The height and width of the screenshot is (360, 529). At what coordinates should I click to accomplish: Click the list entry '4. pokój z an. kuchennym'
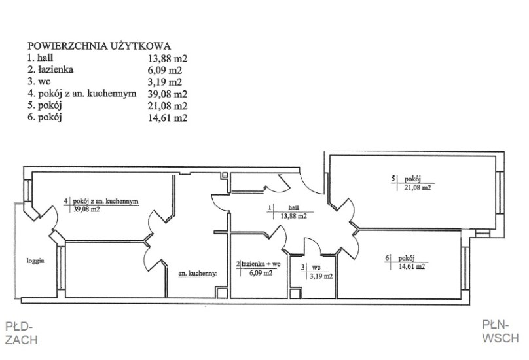pyautogui.click(x=81, y=94)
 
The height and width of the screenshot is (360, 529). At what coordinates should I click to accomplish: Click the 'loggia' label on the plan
pyautogui.click(x=35, y=261)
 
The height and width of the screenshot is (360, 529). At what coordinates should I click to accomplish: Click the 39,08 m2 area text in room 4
pyautogui.click(x=86, y=210)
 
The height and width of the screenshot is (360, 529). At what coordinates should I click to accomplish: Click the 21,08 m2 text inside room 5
pyautogui.click(x=417, y=187)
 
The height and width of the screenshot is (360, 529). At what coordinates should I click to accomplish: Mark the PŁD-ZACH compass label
pyautogui.click(x=19, y=332)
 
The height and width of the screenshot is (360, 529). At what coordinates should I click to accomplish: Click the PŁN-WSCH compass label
pyautogui.click(x=500, y=331)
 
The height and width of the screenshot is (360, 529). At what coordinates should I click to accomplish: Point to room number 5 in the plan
pyautogui.click(x=392, y=178)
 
